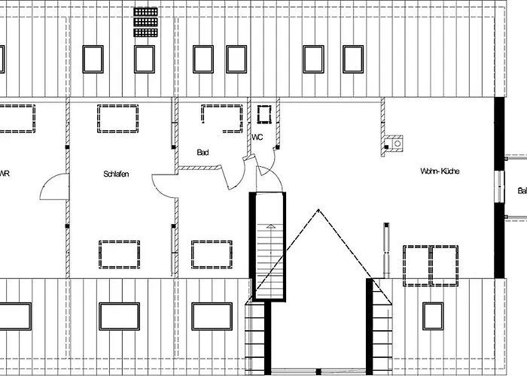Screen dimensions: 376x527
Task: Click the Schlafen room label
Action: (x=117, y=174)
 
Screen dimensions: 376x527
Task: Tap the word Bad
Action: (x=203, y=152)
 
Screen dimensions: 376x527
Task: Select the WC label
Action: (x=257, y=138)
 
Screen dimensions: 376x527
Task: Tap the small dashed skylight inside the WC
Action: (x=263, y=114)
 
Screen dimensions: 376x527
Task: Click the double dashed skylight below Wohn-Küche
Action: (x=430, y=265)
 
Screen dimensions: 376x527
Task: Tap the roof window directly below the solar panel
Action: (x=144, y=59)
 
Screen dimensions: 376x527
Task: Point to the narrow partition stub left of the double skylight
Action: (x=386, y=248)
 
